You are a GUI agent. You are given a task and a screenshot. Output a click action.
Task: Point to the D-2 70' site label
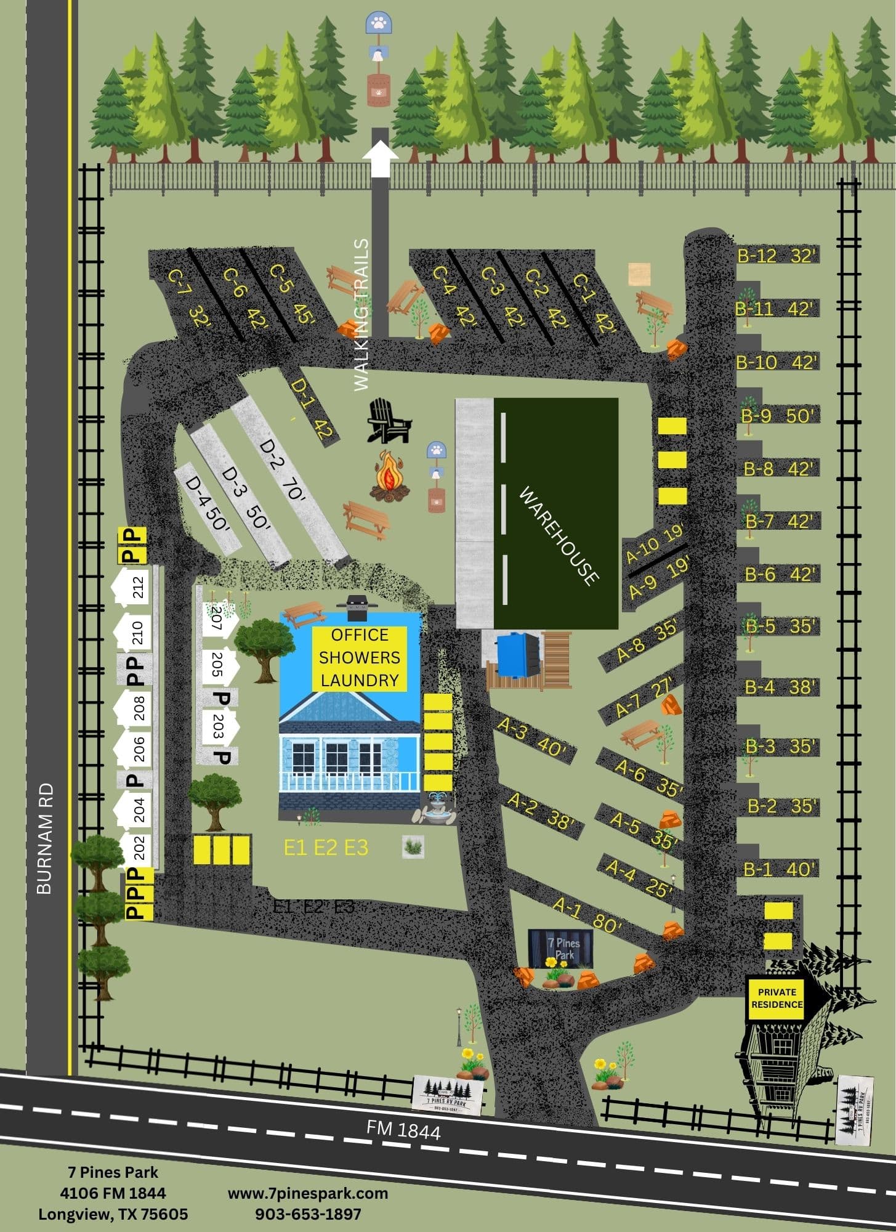pyautogui.click(x=283, y=471)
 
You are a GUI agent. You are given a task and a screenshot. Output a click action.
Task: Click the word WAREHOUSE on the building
pyautogui.click(x=559, y=535)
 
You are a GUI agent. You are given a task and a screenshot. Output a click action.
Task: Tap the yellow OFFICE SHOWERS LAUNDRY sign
pyautogui.click(x=360, y=658)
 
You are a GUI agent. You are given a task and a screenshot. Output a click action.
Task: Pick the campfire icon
pyautogui.click(x=390, y=476)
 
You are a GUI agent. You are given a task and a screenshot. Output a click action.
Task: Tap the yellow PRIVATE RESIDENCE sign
pyautogui.click(x=777, y=999)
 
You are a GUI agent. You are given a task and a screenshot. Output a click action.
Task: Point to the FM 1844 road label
pyautogui.click(x=403, y=1129)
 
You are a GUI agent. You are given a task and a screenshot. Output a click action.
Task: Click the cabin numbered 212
pyautogui.click(x=132, y=587)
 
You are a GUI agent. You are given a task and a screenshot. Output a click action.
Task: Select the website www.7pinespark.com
pyautogui.click(x=308, y=1193)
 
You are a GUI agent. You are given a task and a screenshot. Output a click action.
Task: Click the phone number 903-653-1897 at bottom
pyautogui.click(x=308, y=1214)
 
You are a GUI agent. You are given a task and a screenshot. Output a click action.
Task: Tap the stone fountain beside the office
pyautogui.click(x=435, y=808)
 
